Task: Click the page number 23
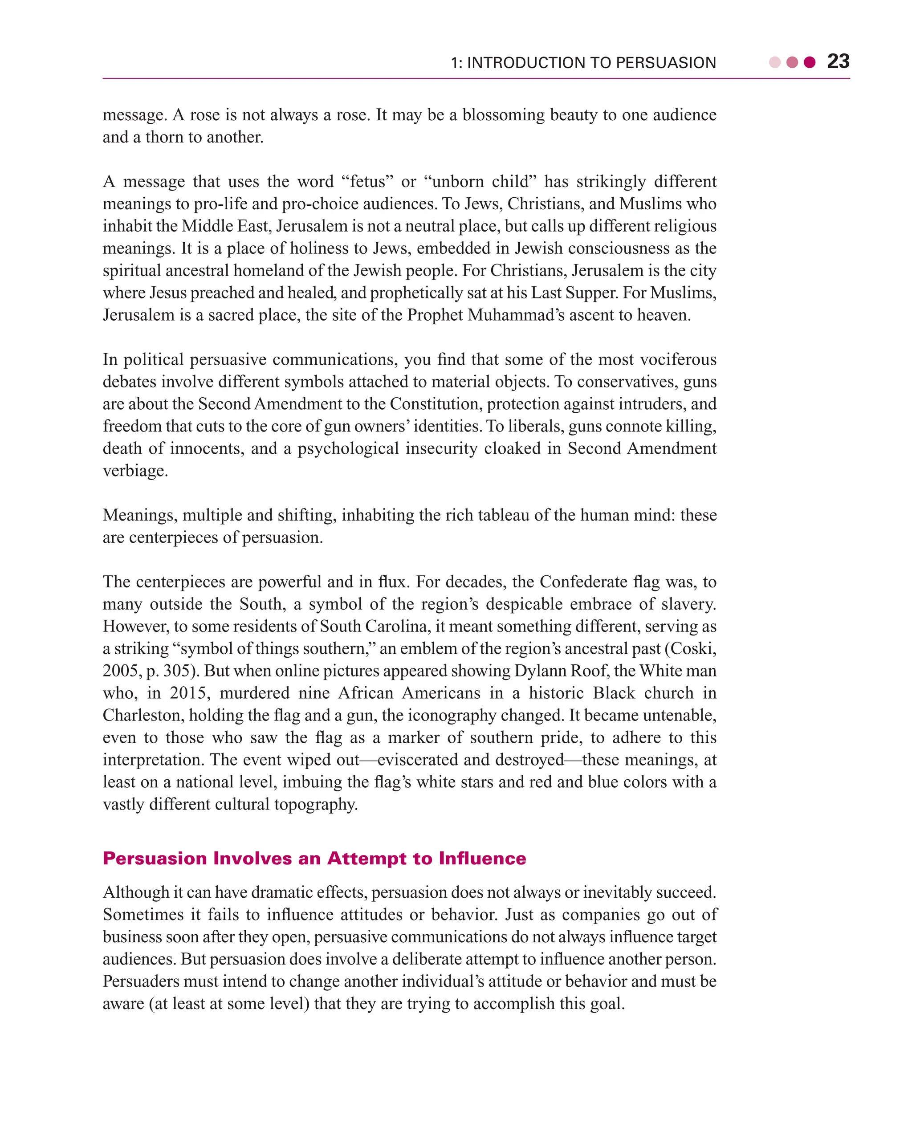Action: (x=838, y=61)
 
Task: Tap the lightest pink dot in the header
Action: (x=774, y=63)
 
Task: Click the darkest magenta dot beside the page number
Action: (x=809, y=63)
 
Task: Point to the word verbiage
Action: (x=135, y=471)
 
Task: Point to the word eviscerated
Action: (x=418, y=761)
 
